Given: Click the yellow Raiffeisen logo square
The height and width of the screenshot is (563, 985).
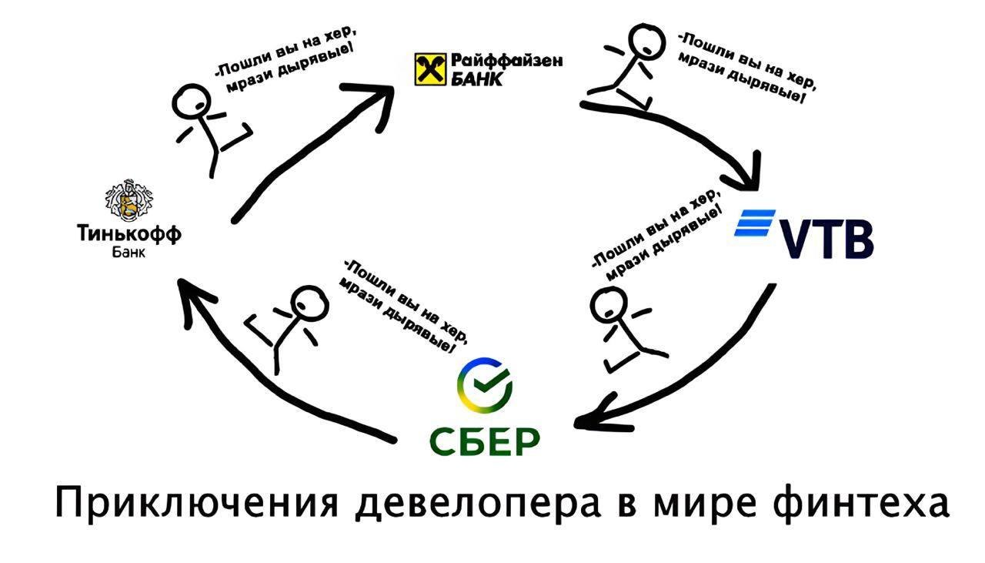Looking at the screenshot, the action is point(430,69).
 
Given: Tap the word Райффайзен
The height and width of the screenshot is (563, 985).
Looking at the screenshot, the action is point(507,60).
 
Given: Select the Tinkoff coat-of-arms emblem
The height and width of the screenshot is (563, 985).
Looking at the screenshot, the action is point(129,199).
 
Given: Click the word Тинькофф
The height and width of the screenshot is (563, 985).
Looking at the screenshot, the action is point(129,233).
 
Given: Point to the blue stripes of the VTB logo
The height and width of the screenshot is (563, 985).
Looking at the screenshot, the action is point(755,223).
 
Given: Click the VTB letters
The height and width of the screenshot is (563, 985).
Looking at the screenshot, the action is point(826,240).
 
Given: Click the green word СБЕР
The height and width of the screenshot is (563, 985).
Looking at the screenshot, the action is point(484,442).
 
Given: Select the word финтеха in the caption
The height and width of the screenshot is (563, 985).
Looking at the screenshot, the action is point(860,504).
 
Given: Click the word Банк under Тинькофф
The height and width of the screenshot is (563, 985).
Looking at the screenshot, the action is point(129,253).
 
